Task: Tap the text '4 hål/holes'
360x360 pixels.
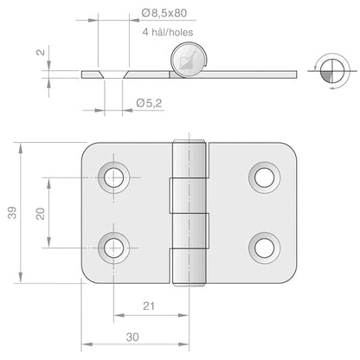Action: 166,33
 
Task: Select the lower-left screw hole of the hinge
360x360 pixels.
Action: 112,247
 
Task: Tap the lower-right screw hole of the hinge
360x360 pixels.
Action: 261,247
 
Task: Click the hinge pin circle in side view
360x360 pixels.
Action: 190,62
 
